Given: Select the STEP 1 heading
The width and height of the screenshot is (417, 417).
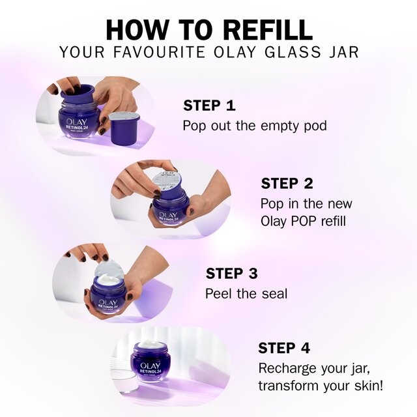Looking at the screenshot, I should pyautogui.click(x=209, y=106).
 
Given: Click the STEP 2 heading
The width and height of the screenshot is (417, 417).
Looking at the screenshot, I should pyautogui.click(x=287, y=184).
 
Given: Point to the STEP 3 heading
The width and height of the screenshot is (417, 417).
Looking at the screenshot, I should pyautogui.click(x=232, y=274).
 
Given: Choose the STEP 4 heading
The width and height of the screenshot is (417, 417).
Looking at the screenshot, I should pyautogui.click(x=285, y=348).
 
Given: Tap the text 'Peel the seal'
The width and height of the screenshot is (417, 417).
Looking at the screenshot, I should pyautogui.click(x=246, y=293).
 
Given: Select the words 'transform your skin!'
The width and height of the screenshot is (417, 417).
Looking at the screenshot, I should pyautogui.click(x=321, y=385).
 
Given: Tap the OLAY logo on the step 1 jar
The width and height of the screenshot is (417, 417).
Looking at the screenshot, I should pyautogui.click(x=79, y=111).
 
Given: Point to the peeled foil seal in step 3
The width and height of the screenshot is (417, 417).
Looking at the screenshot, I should pyautogui.click(x=109, y=269).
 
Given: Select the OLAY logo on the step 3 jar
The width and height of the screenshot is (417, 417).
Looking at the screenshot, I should pyautogui.click(x=108, y=302).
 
